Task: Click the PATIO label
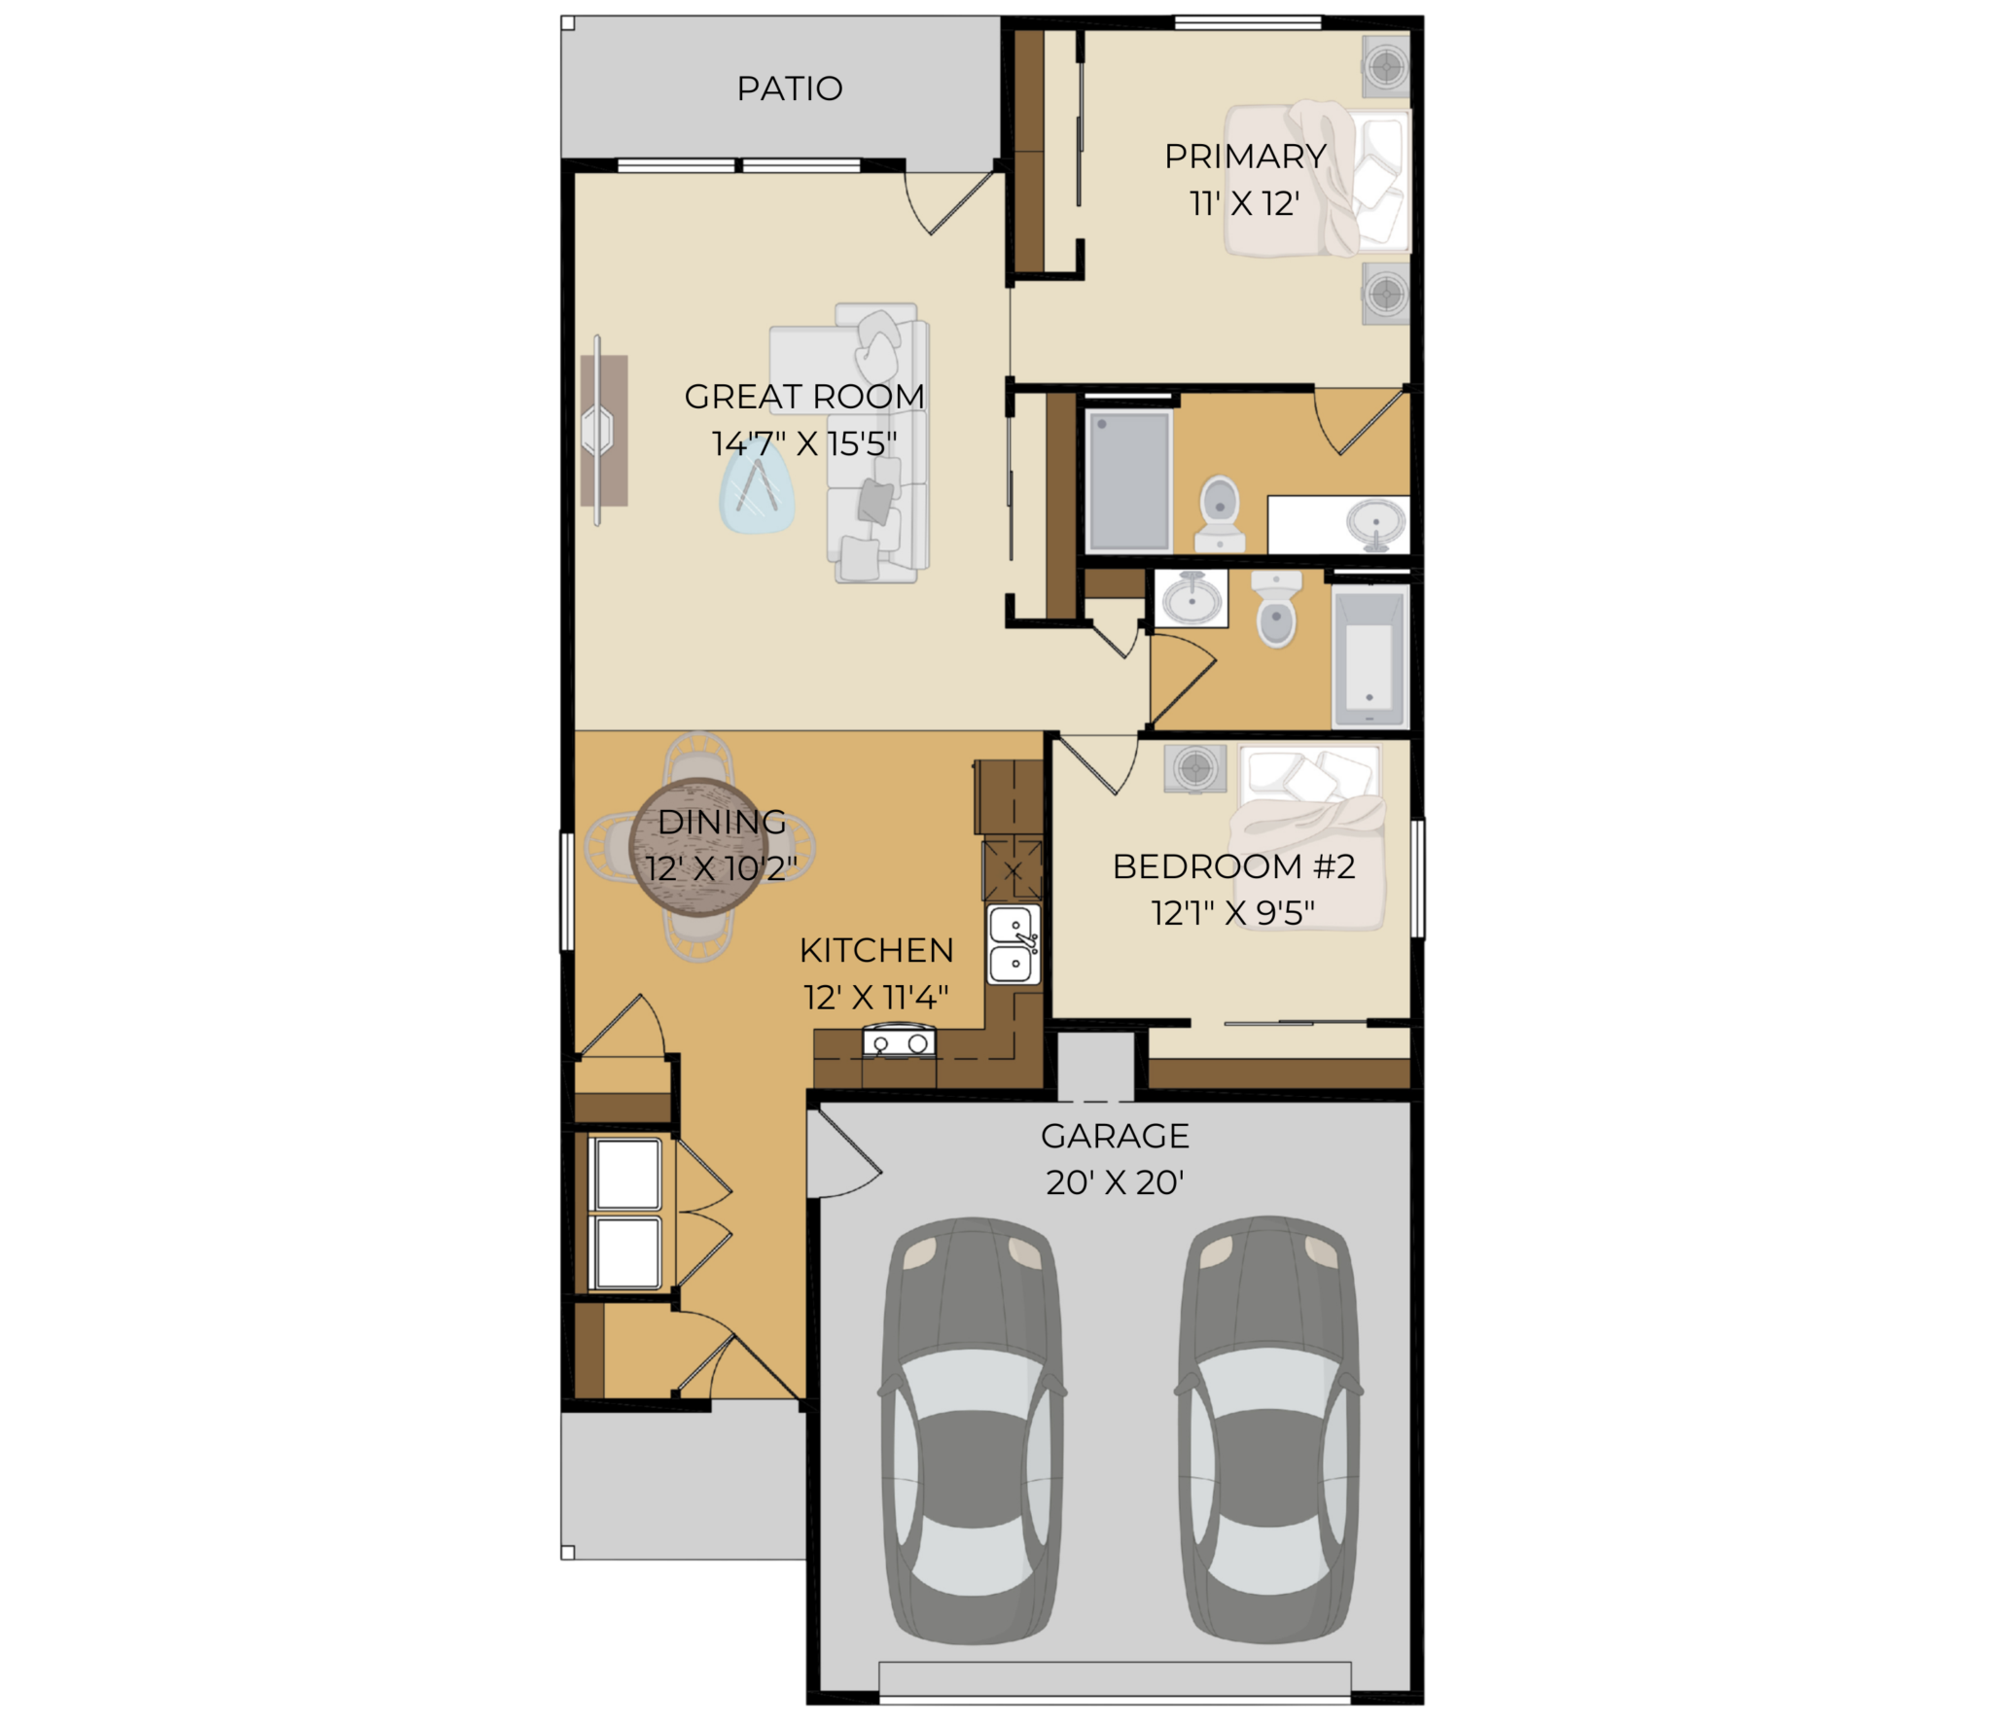[x=789, y=88]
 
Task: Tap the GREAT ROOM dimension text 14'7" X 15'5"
[x=803, y=443]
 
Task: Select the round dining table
[x=699, y=847]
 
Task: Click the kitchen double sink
[x=1014, y=944]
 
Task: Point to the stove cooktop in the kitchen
[x=899, y=1043]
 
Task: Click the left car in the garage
[x=972, y=1429]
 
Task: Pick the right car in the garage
[x=1268, y=1429]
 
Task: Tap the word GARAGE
[x=1115, y=1136]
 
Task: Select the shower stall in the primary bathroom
[x=1129, y=481]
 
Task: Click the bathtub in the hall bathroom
[x=1369, y=657]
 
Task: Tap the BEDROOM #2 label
[x=1233, y=866]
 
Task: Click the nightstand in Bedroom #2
[x=1194, y=768]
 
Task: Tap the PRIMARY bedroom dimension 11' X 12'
[x=1245, y=203]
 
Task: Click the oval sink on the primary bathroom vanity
[x=1376, y=522]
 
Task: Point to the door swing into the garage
[x=844, y=1154]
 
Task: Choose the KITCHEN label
[x=876, y=950]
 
